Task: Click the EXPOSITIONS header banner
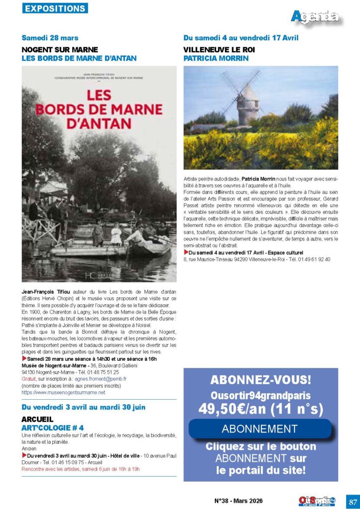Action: click(x=55, y=8)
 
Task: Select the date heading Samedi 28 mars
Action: click(x=50, y=38)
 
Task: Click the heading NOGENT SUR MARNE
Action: click(x=60, y=50)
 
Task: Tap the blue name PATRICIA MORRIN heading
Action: click(x=216, y=58)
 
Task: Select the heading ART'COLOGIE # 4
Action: click(x=53, y=427)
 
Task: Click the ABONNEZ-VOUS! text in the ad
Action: click(x=261, y=381)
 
